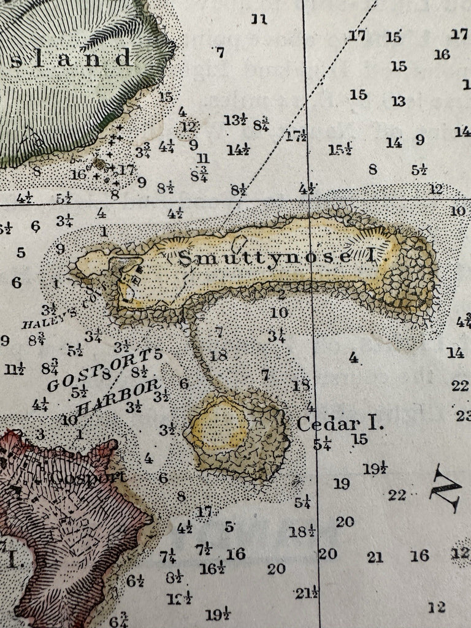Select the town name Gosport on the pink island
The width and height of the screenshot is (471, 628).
[90, 477]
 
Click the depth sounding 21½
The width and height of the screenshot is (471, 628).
[307, 593]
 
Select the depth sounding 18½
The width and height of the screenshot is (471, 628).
[301, 531]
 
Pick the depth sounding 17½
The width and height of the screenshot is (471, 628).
[296, 136]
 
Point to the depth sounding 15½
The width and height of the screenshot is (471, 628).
[339, 149]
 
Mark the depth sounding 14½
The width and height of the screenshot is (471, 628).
[237, 149]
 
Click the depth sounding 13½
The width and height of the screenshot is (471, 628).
[235, 120]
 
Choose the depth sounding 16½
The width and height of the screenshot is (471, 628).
[212, 569]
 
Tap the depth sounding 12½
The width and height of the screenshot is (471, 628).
[179, 598]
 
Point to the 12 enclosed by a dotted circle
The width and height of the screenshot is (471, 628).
[188, 128]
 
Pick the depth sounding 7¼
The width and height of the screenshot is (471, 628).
[167, 556]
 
